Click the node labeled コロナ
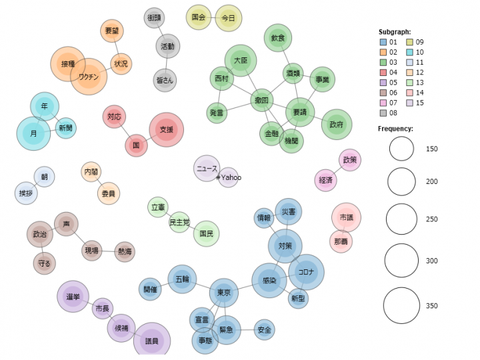click(x=306, y=272)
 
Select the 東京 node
click(x=223, y=293)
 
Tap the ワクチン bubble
click(x=89, y=77)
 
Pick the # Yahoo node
click(x=228, y=177)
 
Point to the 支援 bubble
click(x=165, y=129)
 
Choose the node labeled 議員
click(x=153, y=341)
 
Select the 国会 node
click(x=199, y=17)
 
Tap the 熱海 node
click(x=125, y=251)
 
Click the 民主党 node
click(x=179, y=221)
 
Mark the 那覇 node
click(x=340, y=241)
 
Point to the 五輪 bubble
click(x=182, y=279)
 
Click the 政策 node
click(x=349, y=160)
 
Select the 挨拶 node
click(x=25, y=194)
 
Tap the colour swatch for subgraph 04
click(x=384, y=72)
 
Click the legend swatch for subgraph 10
click(x=411, y=52)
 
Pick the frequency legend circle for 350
click(x=402, y=306)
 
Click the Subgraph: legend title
click(x=394, y=31)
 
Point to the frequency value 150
click(x=431, y=149)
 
